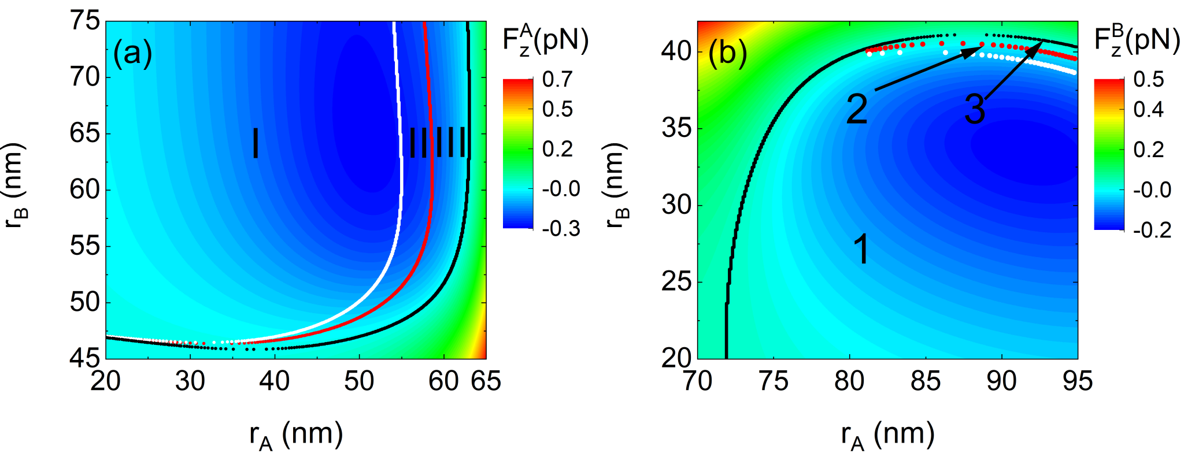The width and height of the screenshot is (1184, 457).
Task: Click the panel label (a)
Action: point(133,54)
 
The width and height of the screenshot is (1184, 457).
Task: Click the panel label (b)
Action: point(728,54)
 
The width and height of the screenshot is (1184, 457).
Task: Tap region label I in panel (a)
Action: point(256,143)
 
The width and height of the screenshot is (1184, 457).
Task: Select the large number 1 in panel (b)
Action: point(861,250)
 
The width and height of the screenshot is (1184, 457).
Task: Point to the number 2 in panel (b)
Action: point(857,109)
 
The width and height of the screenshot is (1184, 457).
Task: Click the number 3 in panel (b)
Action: point(975,109)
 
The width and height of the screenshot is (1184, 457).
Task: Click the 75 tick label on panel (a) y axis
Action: point(85,22)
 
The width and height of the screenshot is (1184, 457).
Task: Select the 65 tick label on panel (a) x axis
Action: point(486,381)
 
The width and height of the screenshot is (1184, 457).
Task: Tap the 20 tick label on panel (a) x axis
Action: point(106,381)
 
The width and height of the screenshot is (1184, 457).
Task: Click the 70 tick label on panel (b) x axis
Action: point(698,381)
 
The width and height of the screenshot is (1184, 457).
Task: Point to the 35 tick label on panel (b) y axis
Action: point(676,128)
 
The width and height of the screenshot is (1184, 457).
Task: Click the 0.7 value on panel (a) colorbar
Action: point(557,79)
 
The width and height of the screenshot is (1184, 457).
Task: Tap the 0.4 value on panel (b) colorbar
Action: point(1149,109)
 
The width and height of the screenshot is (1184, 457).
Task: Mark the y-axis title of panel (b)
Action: point(617,185)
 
